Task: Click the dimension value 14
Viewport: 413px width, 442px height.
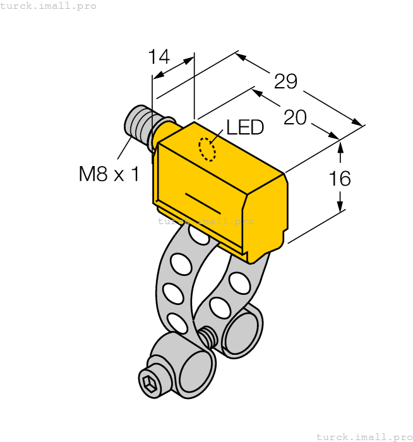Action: [x=159, y=57]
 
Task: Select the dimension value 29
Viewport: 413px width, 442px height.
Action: [x=285, y=81]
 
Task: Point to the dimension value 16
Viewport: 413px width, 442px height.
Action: [x=340, y=179]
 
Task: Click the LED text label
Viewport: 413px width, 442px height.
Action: [x=245, y=128]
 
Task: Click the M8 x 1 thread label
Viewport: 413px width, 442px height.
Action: [x=109, y=174]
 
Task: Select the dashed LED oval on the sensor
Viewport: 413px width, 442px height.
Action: [x=206, y=150]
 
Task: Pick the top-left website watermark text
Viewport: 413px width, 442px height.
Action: [x=49, y=6]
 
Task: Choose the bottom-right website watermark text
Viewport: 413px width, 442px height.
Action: [x=364, y=436]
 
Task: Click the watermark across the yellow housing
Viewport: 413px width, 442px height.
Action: [x=206, y=221]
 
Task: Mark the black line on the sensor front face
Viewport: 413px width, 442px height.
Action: [x=203, y=202]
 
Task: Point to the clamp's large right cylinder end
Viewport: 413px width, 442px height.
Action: [x=241, y=331]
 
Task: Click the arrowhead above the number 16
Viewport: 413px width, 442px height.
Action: [x=340, y=148]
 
